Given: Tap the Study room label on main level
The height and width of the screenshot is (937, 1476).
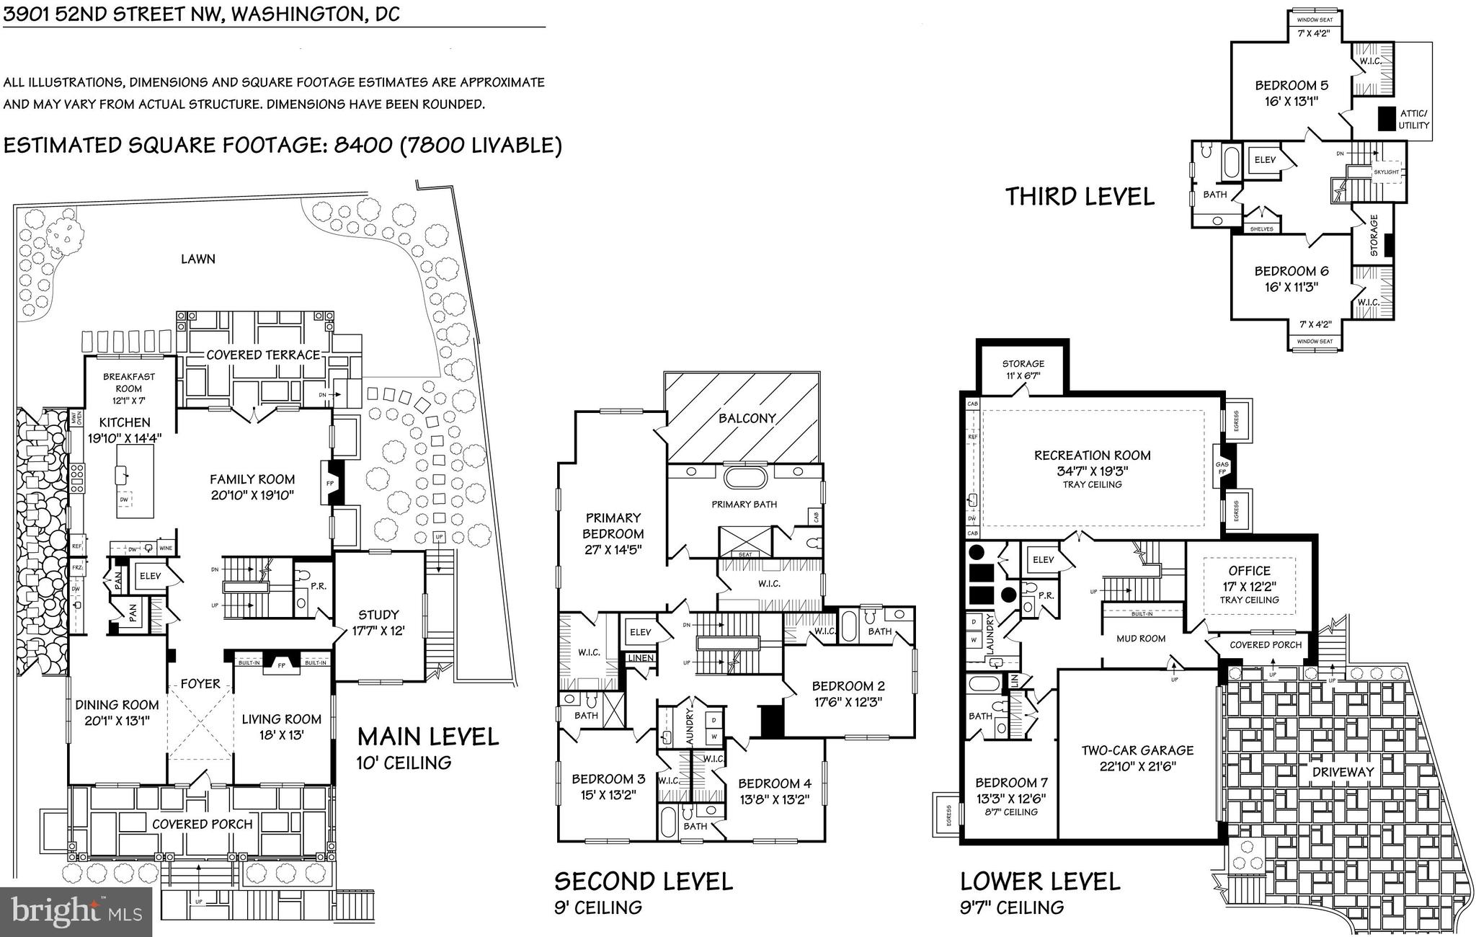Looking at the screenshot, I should pyautogui.click(x=378, y=615).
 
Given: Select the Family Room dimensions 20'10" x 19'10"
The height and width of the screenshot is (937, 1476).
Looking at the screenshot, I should pyautogui.click(x=252, y=495).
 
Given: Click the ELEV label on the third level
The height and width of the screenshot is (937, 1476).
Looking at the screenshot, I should pyautogui.click(x=1265, y=160).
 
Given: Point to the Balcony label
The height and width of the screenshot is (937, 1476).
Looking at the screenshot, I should pyautogui.click(x=747, y=418).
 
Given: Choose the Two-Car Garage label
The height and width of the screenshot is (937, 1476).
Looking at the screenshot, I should pyautogui.click(x=1137, y=750).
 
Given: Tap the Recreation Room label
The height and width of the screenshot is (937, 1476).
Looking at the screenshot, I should pyautogui.click(x=1092, y=456).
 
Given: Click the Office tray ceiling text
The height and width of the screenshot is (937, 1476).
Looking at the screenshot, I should pyautogui.click(x=1249, y=600).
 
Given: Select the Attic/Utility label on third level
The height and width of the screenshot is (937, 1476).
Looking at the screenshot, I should pyautogui.click(x=1413, y=120).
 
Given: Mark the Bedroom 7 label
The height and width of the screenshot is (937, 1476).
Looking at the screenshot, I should pyautogui.click(x=1011, y=783).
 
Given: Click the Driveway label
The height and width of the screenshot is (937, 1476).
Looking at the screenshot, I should pyautogui.click(x=1343, y=772).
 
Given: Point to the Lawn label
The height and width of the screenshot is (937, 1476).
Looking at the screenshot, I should pyautogui.click(x=197, y=259).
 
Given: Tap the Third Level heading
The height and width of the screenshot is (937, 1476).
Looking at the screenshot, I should pyautogui.click(x=1079, y=197).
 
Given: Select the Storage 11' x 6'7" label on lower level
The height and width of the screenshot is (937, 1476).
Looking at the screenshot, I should pyautogui.click(x=1023, y=364).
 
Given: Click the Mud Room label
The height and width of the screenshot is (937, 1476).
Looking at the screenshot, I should pyautogui.click(x=1141, y=639).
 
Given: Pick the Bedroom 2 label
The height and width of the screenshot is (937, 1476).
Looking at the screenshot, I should pyautogui.click(x=848, y=686).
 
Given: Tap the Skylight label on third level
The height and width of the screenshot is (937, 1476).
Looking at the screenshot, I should pyautogui.click(x=1385, y=172).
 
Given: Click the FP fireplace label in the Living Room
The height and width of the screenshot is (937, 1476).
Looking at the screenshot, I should pyautogui.click(x=282, y=666).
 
